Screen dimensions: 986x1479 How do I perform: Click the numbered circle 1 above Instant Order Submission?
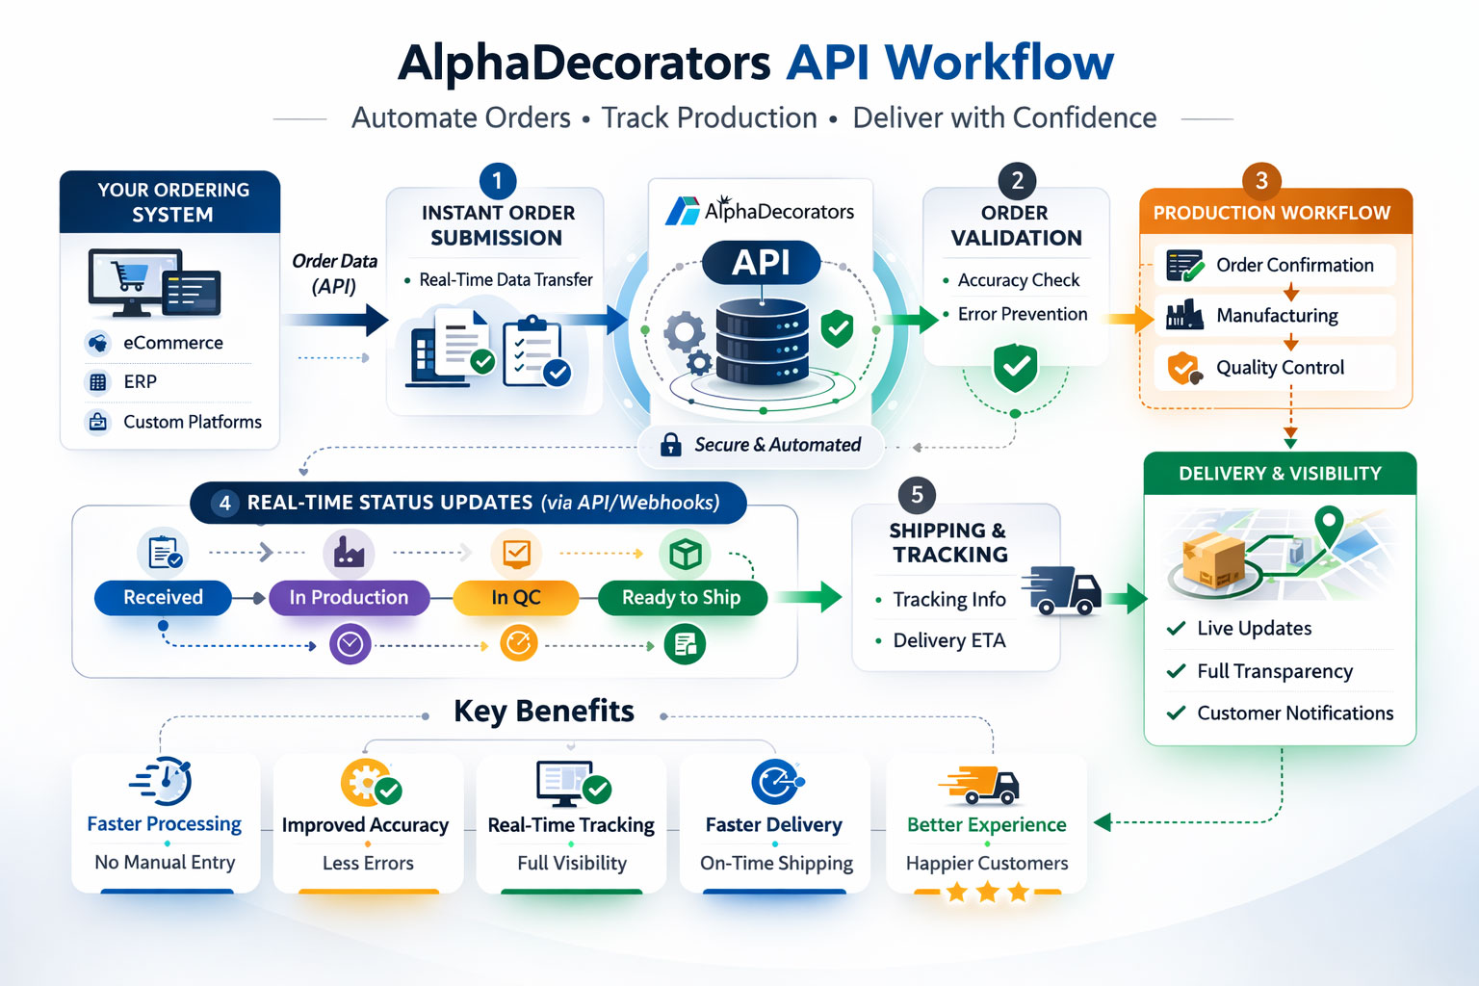pos(498,181)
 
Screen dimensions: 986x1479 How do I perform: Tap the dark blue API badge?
pos(761,262)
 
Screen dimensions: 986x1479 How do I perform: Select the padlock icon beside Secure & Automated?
pos(671,445)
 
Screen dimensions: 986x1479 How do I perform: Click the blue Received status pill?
pos(163,598)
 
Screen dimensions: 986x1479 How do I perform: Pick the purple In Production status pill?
pos(349,598)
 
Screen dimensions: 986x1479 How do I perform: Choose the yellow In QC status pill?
pos(516,598)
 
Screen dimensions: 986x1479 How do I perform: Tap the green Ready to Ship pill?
pos(682,598)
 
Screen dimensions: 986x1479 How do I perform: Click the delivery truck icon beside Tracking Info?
pos(1062,590)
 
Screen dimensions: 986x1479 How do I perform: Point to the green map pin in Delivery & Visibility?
pos(1329,525)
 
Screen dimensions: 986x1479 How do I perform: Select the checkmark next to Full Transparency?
pos(1176,671)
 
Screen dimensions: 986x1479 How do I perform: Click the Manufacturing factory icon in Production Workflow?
pos(1184,315)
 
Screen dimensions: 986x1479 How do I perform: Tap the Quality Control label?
pos(1280,368)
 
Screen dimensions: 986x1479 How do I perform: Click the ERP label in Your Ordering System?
pos(140,382)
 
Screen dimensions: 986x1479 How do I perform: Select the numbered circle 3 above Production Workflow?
pos(1261,180)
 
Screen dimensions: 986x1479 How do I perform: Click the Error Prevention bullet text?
pos(1022,315)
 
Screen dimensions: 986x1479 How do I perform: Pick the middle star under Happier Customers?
pos(987,893)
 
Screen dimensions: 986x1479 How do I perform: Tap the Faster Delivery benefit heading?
pos(773,825)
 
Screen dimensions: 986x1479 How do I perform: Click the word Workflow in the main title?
pos(999,63)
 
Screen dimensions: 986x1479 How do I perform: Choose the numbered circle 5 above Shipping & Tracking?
pos(917,495)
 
